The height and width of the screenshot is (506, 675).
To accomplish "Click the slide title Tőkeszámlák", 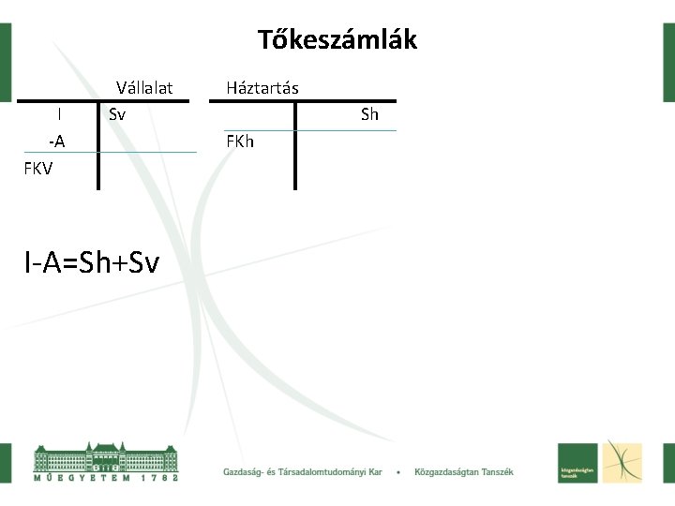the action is coord(337,40).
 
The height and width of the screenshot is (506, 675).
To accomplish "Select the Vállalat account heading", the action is coord(144,88).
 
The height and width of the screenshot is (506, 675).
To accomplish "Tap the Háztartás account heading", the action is coord(262,88).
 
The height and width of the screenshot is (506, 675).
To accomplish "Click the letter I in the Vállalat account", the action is coord(59,114).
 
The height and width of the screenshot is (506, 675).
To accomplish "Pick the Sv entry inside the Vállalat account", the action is coord(117,114).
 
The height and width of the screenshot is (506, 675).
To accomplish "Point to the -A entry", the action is coord(57,141).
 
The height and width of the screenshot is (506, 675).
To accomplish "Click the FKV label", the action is coord(39,169).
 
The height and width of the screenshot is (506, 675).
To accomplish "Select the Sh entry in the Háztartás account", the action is coord(369,114).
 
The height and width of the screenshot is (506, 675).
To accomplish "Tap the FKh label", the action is coord(240,141).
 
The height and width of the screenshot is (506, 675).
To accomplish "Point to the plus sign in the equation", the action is coord(119,264).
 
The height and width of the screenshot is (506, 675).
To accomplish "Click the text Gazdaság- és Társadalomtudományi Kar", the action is coord(302,472).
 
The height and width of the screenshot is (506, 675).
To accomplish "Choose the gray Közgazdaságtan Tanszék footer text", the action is coord(464,472).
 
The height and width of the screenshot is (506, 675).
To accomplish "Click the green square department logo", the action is coord(578,462).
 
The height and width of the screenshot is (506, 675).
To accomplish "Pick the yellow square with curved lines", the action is coord(622,462).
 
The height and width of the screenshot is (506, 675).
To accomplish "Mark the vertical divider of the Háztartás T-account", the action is coord(295,145).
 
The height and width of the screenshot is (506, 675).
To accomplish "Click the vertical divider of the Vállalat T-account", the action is coord(98,145).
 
